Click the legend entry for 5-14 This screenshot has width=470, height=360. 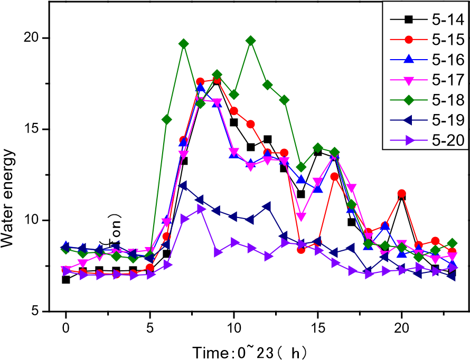427,20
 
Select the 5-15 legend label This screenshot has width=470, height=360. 427,40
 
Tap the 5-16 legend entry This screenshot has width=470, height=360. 427,60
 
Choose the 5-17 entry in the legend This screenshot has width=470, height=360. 427,80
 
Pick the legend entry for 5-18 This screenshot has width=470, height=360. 427,100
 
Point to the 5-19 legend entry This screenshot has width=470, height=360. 427,120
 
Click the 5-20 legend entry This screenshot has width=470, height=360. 427,140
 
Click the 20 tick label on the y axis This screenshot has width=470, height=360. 32,38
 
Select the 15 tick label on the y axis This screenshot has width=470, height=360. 32,129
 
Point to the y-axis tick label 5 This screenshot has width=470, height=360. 36,311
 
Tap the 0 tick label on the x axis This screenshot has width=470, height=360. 65,328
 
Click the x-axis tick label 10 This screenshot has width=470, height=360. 234,328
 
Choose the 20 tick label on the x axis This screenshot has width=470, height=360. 402,328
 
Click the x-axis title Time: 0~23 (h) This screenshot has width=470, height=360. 249,353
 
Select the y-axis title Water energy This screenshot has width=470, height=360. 8,198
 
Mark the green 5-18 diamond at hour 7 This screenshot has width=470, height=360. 184,44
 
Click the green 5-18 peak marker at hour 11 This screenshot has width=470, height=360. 251,41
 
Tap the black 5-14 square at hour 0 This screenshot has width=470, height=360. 66,280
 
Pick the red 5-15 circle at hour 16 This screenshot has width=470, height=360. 334,177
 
